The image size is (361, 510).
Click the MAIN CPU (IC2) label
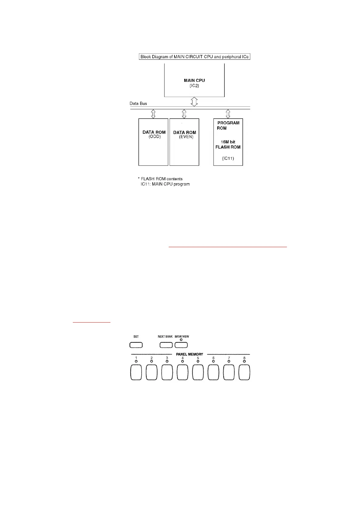coord(194,83)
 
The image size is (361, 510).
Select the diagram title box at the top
coord(194,57)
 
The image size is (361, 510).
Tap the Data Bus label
coord(138,103)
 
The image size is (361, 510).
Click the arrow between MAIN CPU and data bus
coord(194,102)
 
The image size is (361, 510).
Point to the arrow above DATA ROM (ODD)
coord(153,114)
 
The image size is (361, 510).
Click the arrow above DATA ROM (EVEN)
coord(184,114)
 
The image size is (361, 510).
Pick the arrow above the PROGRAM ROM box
coord(228,114)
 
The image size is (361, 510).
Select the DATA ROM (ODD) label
coord(154,134)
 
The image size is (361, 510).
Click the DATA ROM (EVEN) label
coord(185,135)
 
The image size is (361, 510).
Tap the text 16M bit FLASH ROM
coord(228,144)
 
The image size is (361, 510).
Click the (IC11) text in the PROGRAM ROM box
coord(228,158)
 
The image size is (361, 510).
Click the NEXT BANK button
coord(166,345)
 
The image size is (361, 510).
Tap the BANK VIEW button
coord(181,345)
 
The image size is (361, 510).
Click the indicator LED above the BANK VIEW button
coord(181,340)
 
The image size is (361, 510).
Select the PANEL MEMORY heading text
coord(189,354)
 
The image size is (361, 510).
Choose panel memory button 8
coord(244,372)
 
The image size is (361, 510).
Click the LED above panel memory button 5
coord(198,361)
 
